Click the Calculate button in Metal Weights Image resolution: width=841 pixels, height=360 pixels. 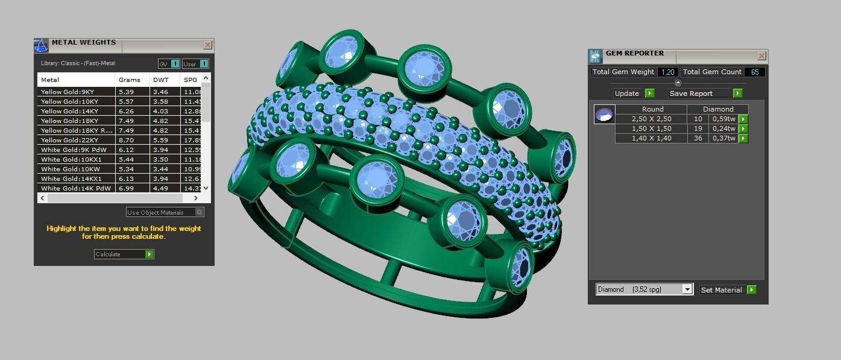(x=124, y=254)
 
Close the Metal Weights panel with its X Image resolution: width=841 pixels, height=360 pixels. (x=207, y=45)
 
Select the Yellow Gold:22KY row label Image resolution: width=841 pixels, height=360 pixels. (x=69, y=140)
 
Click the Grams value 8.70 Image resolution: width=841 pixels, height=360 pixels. (x=126, y=140)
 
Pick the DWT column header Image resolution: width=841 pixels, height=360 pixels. (x=161, y=80)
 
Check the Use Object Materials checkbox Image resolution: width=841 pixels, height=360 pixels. (x=200, y=212)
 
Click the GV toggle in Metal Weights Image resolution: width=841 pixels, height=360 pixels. (x=169, y=64)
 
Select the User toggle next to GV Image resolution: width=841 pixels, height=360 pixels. (x=195, y=64)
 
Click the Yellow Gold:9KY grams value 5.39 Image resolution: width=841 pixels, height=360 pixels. (x=126, y=92)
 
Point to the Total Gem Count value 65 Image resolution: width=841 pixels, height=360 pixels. (x=754, y=72)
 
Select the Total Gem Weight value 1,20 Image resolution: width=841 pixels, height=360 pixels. (x=667, y=72)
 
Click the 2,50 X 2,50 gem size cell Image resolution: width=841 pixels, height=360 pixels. (x=651, y=119)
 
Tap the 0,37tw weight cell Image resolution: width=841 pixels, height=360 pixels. (x=723, y=139)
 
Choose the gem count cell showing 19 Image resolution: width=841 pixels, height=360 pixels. (x=698, y=129)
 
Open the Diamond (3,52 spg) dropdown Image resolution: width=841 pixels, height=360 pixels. (x=687, y=289)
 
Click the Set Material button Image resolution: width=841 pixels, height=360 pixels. (x=727, y=290)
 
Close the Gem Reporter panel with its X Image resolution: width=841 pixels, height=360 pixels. (x=761, y=56)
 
